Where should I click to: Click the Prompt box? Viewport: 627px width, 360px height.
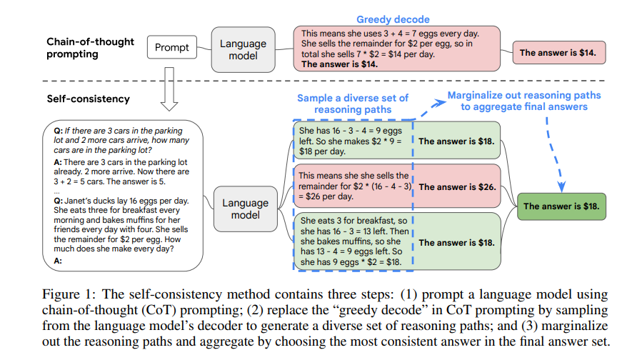tap(172, 48)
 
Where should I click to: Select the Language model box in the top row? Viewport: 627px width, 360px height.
tap(243, 49)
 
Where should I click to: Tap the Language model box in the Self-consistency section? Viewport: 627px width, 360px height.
tap(244, 209)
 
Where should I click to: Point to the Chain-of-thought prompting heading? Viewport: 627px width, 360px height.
tap(91, 48)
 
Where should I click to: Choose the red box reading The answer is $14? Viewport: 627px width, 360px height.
tap(561, 52)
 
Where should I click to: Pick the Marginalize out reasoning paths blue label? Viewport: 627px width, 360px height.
tap(524, 101)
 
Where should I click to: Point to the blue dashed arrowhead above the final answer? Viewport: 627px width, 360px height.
tap(561, 188)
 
